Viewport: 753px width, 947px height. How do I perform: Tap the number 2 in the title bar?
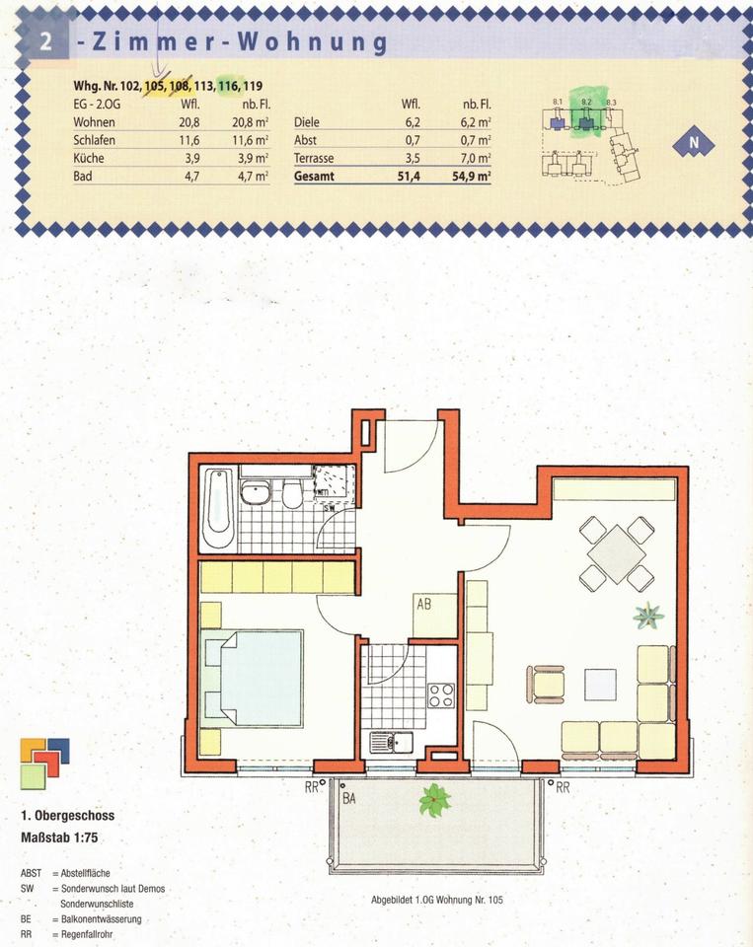point(44,42)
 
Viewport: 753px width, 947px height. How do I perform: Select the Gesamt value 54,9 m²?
point(471,177)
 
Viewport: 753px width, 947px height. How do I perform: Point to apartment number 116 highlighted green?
point(228,86)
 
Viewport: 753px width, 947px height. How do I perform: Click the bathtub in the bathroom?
point(218,509)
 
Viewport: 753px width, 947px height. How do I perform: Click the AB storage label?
point(424,605)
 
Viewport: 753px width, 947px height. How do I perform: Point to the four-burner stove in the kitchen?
point(440,695)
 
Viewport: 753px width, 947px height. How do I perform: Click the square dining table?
point(616,554)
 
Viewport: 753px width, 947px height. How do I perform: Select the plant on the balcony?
point(433,800)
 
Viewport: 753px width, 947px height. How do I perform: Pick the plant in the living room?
point(648,618)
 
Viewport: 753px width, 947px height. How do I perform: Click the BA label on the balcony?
point(348,799)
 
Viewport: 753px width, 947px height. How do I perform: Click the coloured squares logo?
point(44,762)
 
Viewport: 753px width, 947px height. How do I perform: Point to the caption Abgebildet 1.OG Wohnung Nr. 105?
point(436,901)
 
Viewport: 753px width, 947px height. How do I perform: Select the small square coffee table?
point(599,683)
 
